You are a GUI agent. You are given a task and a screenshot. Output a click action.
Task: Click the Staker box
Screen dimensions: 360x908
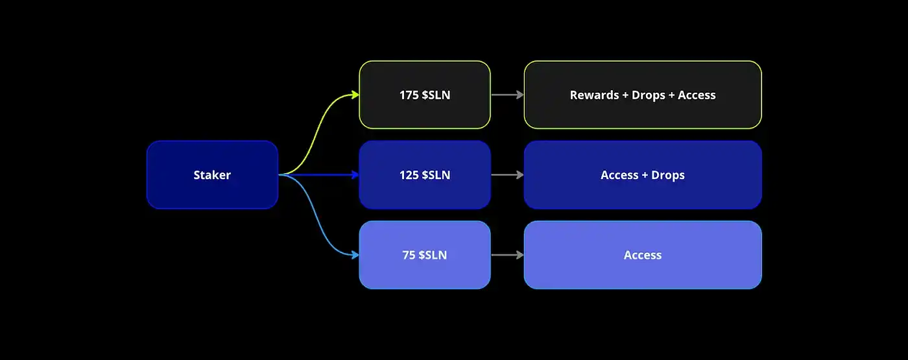click(212, 174)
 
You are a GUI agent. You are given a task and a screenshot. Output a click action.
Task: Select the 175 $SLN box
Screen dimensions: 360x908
click(425, 95)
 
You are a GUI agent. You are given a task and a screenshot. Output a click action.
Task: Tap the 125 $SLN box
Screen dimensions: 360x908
click(425, 174)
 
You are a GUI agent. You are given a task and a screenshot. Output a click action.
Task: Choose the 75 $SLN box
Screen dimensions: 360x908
click(425, 255)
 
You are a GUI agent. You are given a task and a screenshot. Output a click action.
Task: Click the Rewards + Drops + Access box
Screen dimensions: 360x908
click(643, 95)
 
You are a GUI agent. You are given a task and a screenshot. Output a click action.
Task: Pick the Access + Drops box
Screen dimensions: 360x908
click(643, 174)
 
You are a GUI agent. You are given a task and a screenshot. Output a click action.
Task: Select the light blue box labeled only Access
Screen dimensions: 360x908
click(643, 255)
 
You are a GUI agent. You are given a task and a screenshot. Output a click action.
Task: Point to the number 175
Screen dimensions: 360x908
click(409, 95)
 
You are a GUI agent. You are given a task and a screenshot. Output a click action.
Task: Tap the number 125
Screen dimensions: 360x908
click(409, 175)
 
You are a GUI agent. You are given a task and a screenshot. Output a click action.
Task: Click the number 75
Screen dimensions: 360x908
click(409, 255)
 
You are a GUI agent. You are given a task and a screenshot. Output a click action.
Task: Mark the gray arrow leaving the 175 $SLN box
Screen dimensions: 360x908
click(507, 95)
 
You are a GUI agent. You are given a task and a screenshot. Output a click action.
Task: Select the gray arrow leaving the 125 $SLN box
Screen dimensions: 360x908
click(507, 174)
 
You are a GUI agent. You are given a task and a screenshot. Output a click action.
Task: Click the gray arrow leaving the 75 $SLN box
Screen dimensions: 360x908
click(507, 255)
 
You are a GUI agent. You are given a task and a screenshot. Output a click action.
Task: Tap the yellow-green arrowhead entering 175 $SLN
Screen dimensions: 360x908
click(355, 95)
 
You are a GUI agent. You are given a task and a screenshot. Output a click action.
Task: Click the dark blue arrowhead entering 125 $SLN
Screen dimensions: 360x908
click(355, 174)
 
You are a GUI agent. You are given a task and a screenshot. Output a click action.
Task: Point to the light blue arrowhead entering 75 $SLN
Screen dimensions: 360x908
click(355, 255)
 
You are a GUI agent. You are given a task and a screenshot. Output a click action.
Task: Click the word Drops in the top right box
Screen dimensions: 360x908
click(649, 95)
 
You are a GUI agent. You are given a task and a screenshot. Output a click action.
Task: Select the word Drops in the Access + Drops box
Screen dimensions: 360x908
click(669, 175)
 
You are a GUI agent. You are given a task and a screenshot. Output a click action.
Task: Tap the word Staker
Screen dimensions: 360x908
click(212, 175)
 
